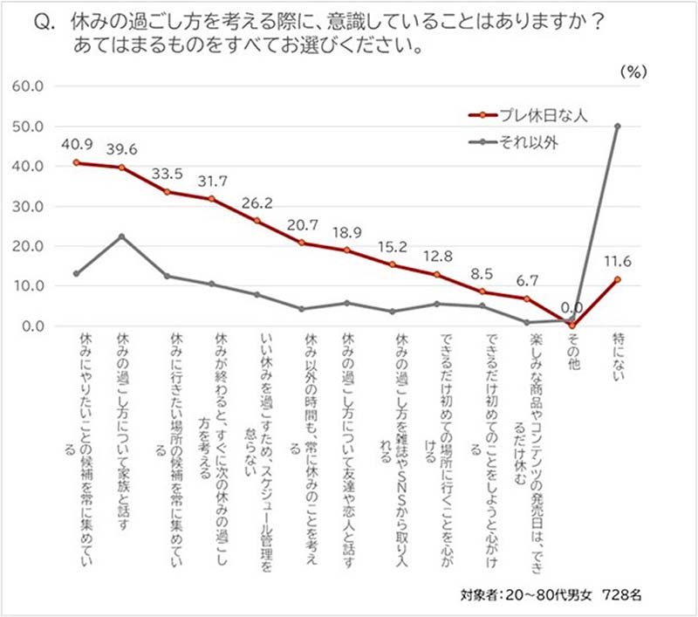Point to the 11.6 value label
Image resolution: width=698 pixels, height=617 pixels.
(x=618, y=260)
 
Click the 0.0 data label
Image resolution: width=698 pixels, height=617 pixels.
(x=571, y=306)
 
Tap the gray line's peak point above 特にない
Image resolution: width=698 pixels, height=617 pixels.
(x=618, y=126)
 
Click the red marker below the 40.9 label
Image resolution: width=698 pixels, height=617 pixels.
(x=78, y=162)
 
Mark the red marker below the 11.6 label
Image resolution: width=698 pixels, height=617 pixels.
(x=618, y=279)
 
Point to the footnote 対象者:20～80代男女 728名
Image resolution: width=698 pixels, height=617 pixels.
(x=551, y=595)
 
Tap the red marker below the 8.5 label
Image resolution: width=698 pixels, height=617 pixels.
(x=483, y=292)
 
